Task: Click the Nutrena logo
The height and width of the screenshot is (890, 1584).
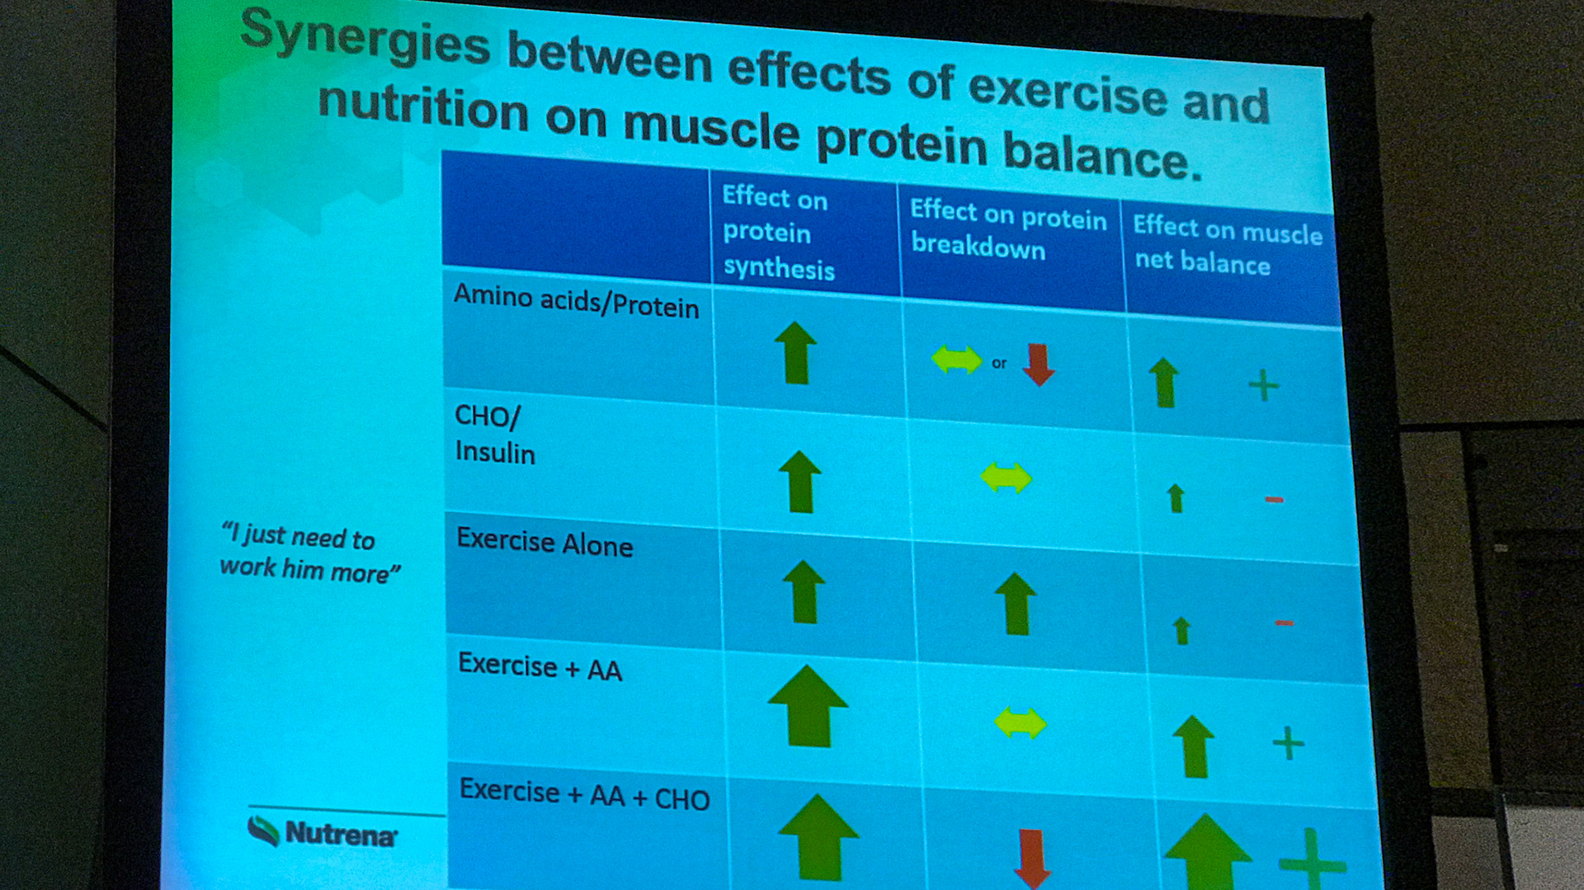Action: (323, 832)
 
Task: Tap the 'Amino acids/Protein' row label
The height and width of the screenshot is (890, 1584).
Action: (576, 301)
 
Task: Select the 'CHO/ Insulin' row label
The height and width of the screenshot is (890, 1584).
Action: (494, 435)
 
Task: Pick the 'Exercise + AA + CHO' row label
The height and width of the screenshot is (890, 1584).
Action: (584, 794)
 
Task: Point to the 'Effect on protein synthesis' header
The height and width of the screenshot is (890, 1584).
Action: (777, 233)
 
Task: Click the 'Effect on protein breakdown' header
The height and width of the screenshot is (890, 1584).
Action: (1007, 229)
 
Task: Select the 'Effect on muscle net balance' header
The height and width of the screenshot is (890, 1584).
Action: (1227, 245)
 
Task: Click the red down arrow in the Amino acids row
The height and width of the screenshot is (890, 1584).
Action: (1039, 365)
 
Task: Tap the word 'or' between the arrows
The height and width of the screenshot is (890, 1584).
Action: (999, 363)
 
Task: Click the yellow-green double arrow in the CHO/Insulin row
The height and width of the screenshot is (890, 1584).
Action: (1006, 478)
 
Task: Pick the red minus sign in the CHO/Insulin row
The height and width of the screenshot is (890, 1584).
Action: (1274, 499)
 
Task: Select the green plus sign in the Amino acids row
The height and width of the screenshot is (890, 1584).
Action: (1263, 385)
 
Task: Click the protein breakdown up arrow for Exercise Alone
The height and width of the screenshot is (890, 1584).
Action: (1016, 604)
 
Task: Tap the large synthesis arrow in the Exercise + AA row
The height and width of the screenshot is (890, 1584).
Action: (808, 706)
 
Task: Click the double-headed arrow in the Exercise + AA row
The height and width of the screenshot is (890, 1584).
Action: (1021, 723)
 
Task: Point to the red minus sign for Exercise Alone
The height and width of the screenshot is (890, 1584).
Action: (1284, 623)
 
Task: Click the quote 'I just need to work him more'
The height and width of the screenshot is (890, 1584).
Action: (309, 553)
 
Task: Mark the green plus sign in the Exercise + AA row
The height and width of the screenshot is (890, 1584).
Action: (1288, 743)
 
